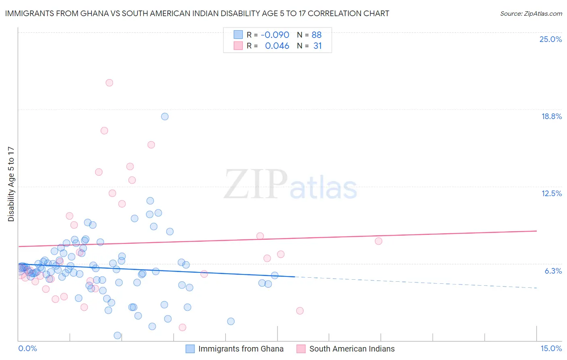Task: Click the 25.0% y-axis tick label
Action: [x=550, y=39]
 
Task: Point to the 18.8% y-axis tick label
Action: [x=551, y=116]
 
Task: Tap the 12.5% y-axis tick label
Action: [x=551, y=193]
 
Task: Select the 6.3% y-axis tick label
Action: [x=553, y=271]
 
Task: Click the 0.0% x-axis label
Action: [x=27, y=348]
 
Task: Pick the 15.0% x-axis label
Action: [x=551, y=348]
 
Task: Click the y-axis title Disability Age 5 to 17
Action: [x=11, y=184]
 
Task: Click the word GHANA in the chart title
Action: [x=94, y=13]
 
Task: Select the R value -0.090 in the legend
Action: [x=275, y=35]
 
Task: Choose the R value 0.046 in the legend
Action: [x=277, y=46]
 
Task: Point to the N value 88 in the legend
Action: [x=317, y=35]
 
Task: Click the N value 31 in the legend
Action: [x=317, y=46]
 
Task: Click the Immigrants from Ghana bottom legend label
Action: [x=241, y=349]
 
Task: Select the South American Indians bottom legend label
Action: [x=352, y=349]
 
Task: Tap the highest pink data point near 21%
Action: [x=109, y=83]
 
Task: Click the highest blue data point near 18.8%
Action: [x=165, y=117]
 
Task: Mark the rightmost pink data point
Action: [x=378, y=241]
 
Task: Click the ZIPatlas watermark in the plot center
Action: [x=290, y=184]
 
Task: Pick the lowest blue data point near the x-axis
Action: [x=117, y=335]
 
